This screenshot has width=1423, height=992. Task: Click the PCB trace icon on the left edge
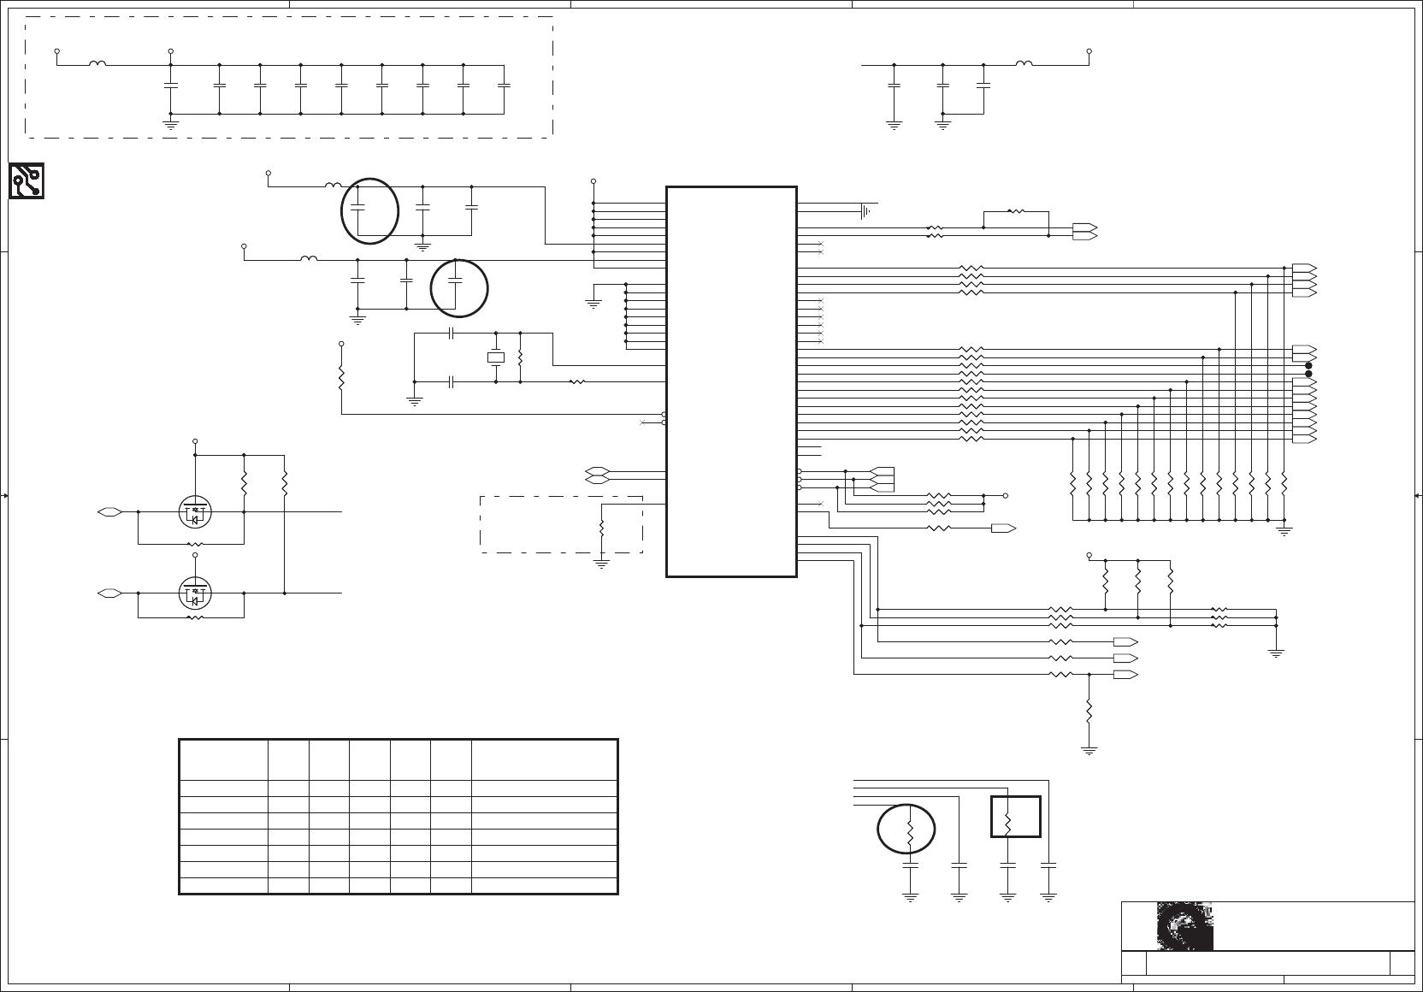pos(27,180)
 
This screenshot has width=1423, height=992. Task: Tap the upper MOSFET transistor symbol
pos(195,511)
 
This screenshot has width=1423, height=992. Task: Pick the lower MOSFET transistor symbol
pos(195,592)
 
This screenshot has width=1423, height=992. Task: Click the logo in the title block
pos(1184,925)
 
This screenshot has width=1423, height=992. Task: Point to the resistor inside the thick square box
pos(1007,823)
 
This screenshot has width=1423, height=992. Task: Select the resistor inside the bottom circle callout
pos(909,830)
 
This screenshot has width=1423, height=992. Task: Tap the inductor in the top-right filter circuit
pos(1024,63)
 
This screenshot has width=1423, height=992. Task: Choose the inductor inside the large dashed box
pos(98,63)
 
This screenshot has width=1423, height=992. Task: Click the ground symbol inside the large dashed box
pos(170,124)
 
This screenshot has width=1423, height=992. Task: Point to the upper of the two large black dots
pos(1308,366)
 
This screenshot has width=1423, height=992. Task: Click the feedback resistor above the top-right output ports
pos(1016,210)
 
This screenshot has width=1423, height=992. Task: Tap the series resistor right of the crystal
pos(577,381)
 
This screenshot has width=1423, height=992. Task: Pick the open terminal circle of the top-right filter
pos(1089,51)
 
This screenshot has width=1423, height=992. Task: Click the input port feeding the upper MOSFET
pos(109,511)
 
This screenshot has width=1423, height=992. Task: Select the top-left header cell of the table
pos(223,759)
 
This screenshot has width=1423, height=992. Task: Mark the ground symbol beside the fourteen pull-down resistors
pos(1283,530)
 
